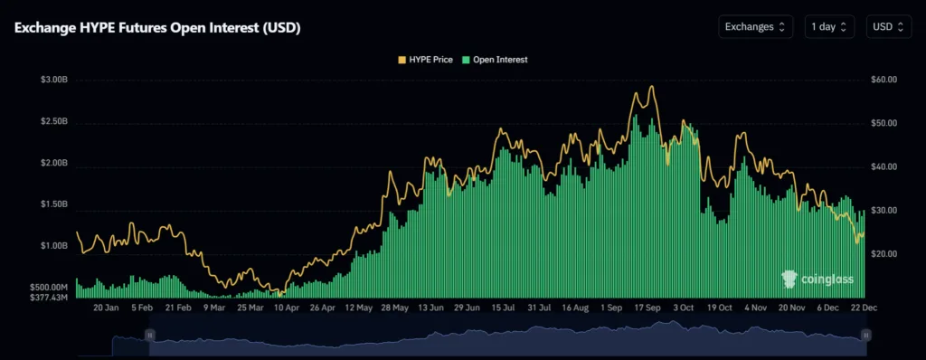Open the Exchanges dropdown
click(x=756, y=27)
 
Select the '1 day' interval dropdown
click(x=829, y=27)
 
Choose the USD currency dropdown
click(x=888, y=27)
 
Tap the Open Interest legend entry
click(x=495, y=59)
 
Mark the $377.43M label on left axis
click(x=50, y=297)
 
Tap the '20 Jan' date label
click(x=106, y=308)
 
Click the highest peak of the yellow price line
click(x=650, y=87)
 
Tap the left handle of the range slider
click(x=151, y=336)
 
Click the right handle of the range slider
click(x=865, y=336)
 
